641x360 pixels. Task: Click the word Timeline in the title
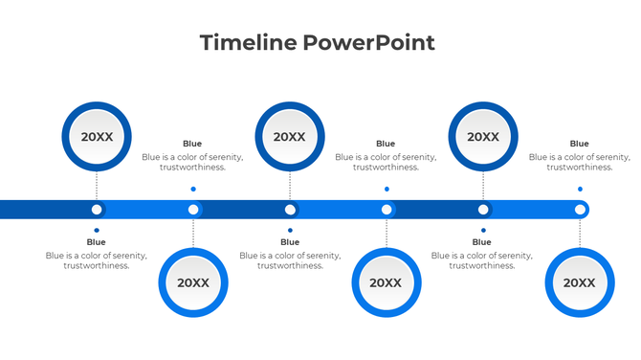tap(249, 43)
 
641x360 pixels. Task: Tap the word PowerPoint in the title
tap(369, 43)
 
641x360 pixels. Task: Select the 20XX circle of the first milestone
tap(97, 137)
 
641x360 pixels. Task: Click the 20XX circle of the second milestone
tap(193, 282)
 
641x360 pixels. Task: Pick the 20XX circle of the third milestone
tap(290, 137)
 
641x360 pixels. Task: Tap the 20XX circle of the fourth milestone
tap(386, 282)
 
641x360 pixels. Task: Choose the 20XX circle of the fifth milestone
tap(483, 137)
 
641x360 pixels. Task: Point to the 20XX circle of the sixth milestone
tap(579, 282)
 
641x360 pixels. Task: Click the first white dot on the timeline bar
tap(97, 210)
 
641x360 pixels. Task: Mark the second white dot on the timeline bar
tap(193, 210)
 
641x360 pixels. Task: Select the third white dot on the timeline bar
tap(290, 210)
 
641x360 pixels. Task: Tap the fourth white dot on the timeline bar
tap(387, 210)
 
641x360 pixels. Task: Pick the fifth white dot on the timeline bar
tap(483, 210)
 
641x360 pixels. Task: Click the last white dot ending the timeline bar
tap(580, 210)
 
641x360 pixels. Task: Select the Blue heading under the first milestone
tap(97, 242)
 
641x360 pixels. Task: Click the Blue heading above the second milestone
tap(192, 144)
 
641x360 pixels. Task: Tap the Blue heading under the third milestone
tap(290, 242)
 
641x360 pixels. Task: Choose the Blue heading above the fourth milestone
tap(386, 144)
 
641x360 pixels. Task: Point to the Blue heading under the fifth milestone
tap(482, 242)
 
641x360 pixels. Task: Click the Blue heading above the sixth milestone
tap(580, 144)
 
